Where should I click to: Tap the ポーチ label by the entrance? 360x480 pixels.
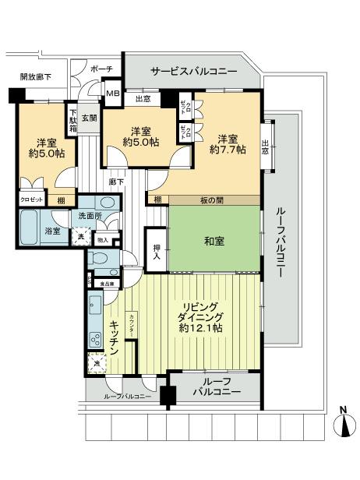click(x=102, y=69)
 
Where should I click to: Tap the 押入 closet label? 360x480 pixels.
click(x=155, y=249)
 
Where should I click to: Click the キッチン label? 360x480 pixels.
click(x=114, y=337)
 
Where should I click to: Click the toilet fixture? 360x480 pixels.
click(x=100, y=259)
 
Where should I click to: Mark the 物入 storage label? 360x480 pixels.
click(x=103, y=237)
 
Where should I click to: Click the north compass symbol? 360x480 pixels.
click(x=343, y=425)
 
